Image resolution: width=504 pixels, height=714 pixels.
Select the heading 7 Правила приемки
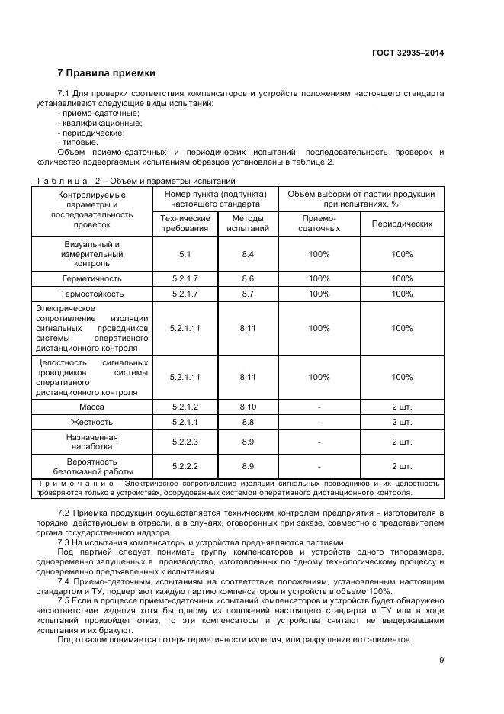106,73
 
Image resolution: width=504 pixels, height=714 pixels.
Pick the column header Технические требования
184,223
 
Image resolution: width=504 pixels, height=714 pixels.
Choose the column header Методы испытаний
248,223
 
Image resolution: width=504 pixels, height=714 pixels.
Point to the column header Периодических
401,224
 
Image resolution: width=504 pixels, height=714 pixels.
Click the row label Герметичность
91,278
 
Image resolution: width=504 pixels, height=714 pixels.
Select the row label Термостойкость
91,294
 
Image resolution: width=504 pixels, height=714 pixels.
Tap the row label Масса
91,407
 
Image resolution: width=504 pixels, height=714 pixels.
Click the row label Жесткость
91,422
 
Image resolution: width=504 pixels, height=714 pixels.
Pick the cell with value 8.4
248,254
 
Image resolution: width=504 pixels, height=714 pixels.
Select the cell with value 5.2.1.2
185,407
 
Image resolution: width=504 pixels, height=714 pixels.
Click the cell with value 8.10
248,407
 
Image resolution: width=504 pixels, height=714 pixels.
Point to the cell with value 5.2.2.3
185,442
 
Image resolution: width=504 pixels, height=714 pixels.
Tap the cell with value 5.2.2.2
185,466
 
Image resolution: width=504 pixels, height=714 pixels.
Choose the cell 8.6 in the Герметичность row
248,278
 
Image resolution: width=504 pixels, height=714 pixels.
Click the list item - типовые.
77,142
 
